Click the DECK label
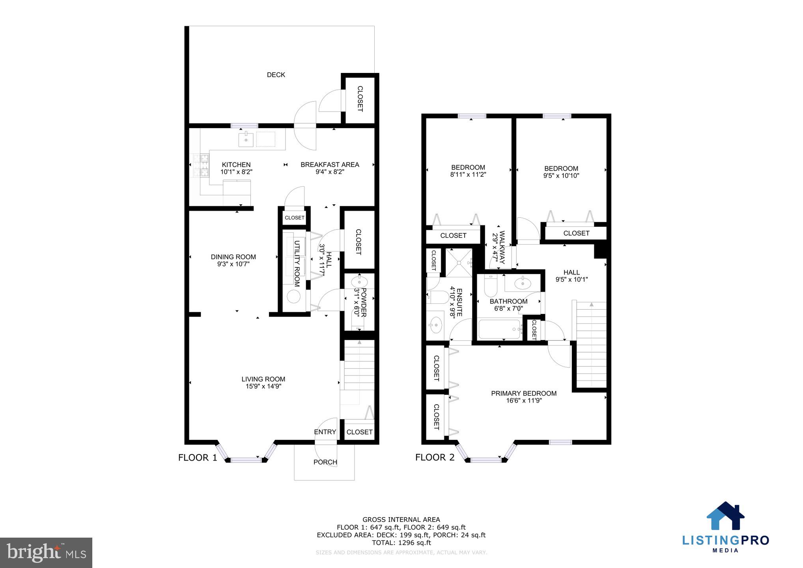[276, 75]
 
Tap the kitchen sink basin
[246, 140]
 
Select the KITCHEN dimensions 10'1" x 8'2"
[236, 172]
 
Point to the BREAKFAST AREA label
[330, 164]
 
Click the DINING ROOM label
[233, 257]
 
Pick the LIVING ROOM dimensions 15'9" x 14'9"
[263, 387]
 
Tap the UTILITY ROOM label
[297, 263]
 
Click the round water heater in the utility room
[293, 296]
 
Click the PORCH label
[325, 462]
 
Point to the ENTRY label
[325, 432]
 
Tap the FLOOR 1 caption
[198, 458]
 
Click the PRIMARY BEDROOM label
[524, 393]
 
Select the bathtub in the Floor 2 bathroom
[499, 329]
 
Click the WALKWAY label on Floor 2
[502, 247]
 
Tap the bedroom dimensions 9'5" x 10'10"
[561, 176]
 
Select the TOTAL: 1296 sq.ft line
[401, 543]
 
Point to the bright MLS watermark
[46, 553]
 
